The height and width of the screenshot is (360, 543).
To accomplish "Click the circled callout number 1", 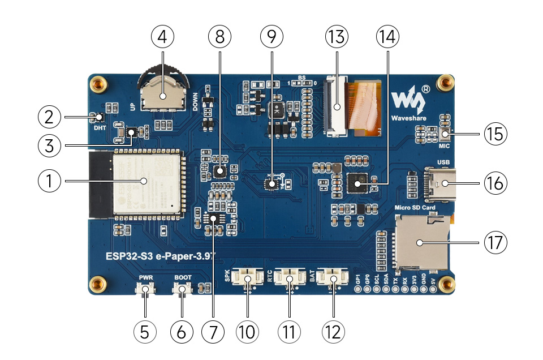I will click(49, 182).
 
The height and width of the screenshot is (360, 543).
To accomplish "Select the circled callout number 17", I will click(495, 242).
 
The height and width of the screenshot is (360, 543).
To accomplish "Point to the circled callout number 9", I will click(272, 37).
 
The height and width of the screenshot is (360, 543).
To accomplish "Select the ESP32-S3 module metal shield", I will click(148, 184).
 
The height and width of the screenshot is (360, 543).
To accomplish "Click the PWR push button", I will click(146, 290).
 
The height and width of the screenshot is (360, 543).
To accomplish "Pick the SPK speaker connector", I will click(247, 278).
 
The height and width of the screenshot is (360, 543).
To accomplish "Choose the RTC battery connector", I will click(290, 278).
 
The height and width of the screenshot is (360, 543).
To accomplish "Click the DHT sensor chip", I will click(100, 117).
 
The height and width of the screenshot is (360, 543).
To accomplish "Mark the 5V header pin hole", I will click(433, 289).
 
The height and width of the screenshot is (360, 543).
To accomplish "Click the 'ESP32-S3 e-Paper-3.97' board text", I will click(151, 255).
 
